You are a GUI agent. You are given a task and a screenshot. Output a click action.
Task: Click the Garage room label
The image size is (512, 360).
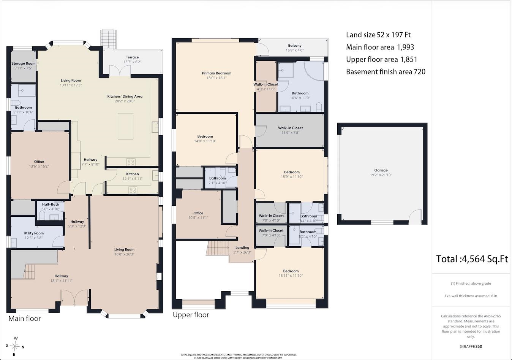tap(381, 170)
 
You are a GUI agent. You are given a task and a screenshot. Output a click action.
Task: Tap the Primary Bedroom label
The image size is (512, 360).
tap(216, 73)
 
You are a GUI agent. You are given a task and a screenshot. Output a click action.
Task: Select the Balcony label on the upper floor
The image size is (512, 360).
tap(295, 46)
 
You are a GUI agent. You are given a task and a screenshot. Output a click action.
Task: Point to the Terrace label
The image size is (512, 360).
tap(132, 57)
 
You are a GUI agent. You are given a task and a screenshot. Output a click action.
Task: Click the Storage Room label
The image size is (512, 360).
tap(23, 63)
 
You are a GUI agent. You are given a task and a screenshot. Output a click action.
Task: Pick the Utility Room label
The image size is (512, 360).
tap(33, 233)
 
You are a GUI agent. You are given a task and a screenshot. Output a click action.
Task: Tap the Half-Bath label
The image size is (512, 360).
tap(51, 204)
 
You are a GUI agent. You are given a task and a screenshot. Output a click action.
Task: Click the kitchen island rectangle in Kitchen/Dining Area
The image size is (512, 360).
tap(125, 126)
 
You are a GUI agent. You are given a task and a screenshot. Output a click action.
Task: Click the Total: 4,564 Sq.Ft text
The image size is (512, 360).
tap(472, 259)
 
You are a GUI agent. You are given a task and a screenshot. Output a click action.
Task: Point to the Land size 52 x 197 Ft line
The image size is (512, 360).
tap(378, 35)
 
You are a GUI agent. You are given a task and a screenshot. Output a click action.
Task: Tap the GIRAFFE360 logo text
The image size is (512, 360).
tap(471, 347)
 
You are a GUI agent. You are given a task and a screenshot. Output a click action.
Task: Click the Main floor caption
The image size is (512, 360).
tap(24, 318)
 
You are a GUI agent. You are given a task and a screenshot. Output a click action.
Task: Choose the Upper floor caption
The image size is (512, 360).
tap(191, 315)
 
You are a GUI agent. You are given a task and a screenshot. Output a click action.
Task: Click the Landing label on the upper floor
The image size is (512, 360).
tap(242, 247)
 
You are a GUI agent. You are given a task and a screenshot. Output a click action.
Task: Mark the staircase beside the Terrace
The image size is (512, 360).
tap(108, 39)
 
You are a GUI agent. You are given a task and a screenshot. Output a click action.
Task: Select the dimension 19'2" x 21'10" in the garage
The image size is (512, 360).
tap(381, 175)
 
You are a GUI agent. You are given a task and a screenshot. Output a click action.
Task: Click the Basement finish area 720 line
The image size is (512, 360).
tap(386, 72)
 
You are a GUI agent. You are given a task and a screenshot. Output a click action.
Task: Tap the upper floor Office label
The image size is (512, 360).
tap(198, 213)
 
